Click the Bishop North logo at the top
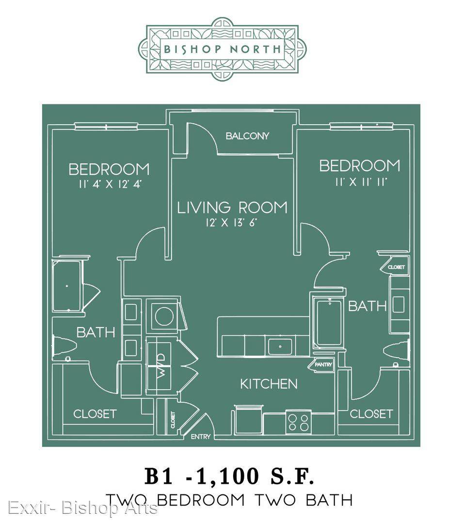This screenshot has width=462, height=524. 223,49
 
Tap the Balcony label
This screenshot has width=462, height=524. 247,136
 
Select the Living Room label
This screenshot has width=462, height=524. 232,208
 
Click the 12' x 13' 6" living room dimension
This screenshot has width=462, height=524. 231,223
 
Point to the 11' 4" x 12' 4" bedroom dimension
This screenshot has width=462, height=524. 111,184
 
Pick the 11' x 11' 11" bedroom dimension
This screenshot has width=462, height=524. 361,182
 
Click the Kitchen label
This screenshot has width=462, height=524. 269,384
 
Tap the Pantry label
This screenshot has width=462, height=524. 323,364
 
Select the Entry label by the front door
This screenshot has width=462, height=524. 201,437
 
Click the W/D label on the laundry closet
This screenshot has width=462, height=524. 161,366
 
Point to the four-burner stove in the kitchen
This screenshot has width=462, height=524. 299,422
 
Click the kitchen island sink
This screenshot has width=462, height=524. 280,346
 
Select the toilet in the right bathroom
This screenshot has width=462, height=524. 396,352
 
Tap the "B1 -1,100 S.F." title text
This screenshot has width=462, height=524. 229,476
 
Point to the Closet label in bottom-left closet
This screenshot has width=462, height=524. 95,414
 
